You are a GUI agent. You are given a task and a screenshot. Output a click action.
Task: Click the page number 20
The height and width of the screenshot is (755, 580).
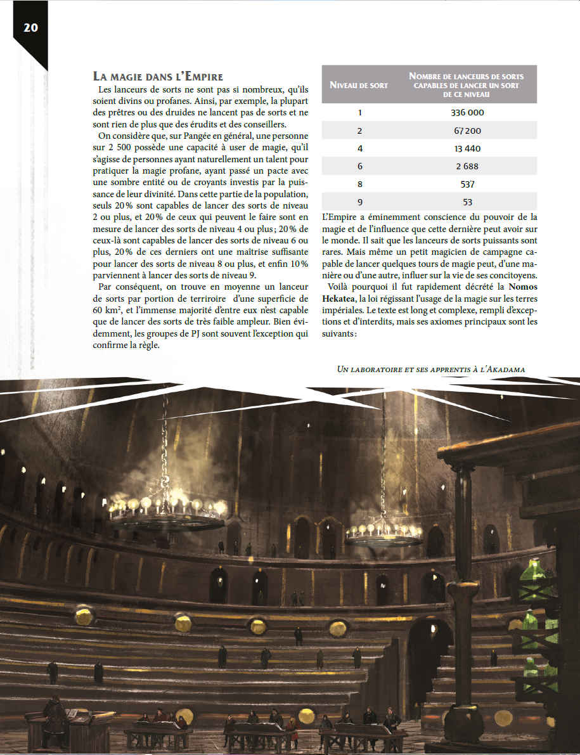coord(30,27)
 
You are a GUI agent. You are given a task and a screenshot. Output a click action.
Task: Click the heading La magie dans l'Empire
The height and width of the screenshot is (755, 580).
coord(158,77)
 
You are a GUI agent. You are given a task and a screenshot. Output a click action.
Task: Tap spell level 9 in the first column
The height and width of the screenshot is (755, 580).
coord(359,202)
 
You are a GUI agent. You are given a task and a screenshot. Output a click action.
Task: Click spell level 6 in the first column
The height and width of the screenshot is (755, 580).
coord(359,166)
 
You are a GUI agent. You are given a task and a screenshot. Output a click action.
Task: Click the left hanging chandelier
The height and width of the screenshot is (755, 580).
coord(167,510)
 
